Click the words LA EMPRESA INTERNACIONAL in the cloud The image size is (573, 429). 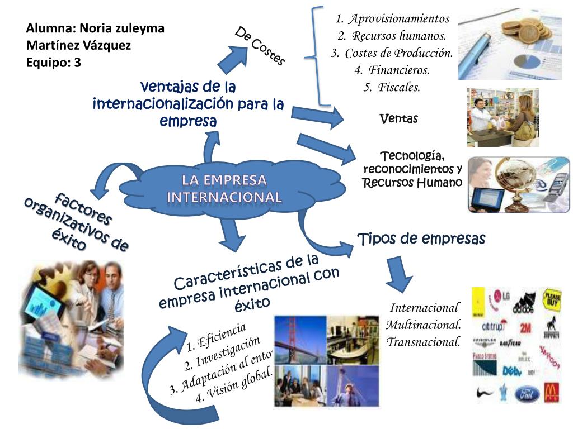pos(224,188)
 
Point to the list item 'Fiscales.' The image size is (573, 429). pos(398,87)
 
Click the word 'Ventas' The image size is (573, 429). pos(398,118)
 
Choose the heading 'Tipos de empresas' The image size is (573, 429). pos(421,239)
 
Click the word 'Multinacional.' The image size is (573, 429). pos(424,325)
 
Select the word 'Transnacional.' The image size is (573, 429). pos(424,341)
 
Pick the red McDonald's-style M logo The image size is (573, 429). pos(551,392)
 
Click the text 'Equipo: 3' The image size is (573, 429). pos(54,63)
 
